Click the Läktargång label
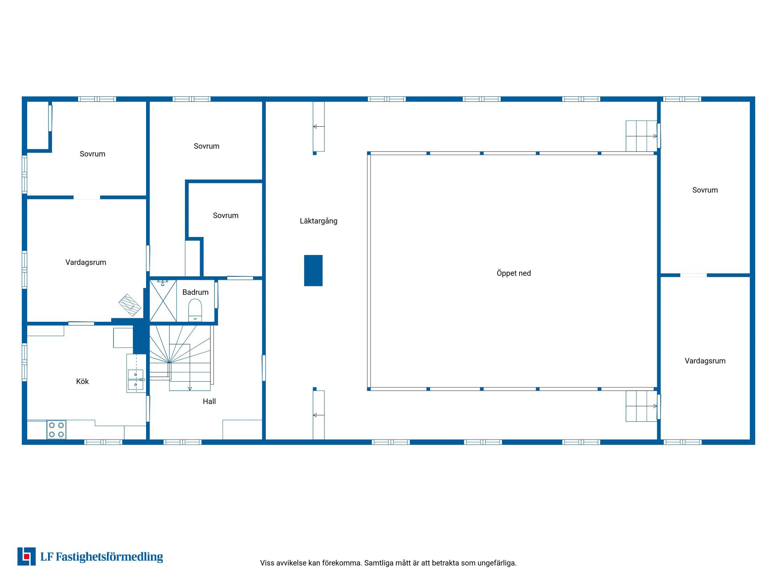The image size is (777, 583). [319, 221]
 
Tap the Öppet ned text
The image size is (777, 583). [514, 273]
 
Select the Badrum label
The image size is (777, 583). [195, 292]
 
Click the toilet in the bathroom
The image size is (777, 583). [195, 310]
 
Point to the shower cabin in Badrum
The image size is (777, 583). [163, 301]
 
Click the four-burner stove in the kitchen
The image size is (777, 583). [56, 429]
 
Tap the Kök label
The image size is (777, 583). [82, 382]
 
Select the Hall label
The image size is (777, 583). [209, 401]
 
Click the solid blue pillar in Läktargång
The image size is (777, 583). [313, 271]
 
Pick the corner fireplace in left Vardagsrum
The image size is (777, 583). [130, 305]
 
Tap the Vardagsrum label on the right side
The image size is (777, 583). [705, 361]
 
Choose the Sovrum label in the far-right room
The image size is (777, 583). [705, 190]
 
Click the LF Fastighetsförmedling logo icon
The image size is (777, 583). [26, 557]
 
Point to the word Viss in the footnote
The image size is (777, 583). [267, 563]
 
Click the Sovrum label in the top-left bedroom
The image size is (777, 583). [92, 154]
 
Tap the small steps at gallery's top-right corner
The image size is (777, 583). [641, 136]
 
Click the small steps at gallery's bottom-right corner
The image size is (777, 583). [641, 406]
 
